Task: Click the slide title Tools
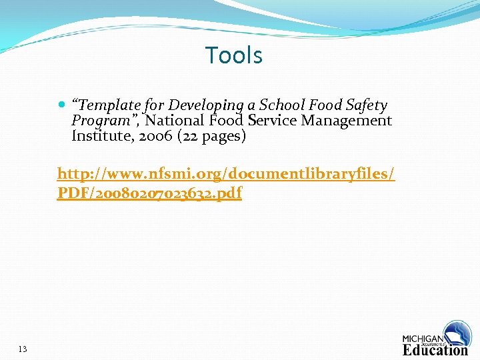coord(234,55)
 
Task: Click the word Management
coord(347,121)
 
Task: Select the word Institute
coord(99,136)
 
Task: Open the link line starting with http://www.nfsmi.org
coord(226,175)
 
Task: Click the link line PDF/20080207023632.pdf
coord(149,193)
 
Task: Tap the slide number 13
coord(23,349)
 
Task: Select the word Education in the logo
coord(435,349)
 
